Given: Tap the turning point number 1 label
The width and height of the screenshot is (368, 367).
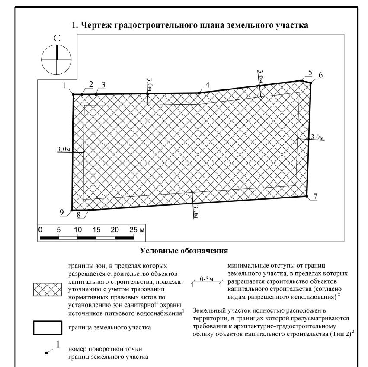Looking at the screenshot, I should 64,86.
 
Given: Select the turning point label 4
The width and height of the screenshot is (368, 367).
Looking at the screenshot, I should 208,85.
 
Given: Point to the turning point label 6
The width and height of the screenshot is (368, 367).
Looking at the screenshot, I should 320,75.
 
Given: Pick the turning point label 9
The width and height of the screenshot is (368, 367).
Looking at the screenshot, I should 62,211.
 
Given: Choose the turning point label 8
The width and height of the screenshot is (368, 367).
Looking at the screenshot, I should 78,214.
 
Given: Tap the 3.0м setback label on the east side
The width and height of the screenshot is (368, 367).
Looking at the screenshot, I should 317,137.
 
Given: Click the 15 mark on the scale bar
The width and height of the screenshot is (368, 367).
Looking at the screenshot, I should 96,230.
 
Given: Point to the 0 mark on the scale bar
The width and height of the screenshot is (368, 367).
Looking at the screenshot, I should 40,230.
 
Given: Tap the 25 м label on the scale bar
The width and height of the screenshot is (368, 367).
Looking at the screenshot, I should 137,230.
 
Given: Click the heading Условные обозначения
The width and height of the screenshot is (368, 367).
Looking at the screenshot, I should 184,250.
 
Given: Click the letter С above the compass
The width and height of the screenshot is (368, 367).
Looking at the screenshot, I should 56,39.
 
